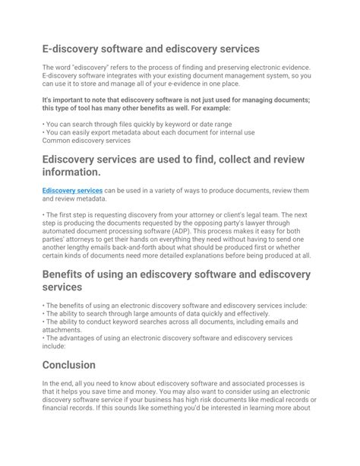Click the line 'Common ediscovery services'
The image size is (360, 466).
(x=87, y=141)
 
